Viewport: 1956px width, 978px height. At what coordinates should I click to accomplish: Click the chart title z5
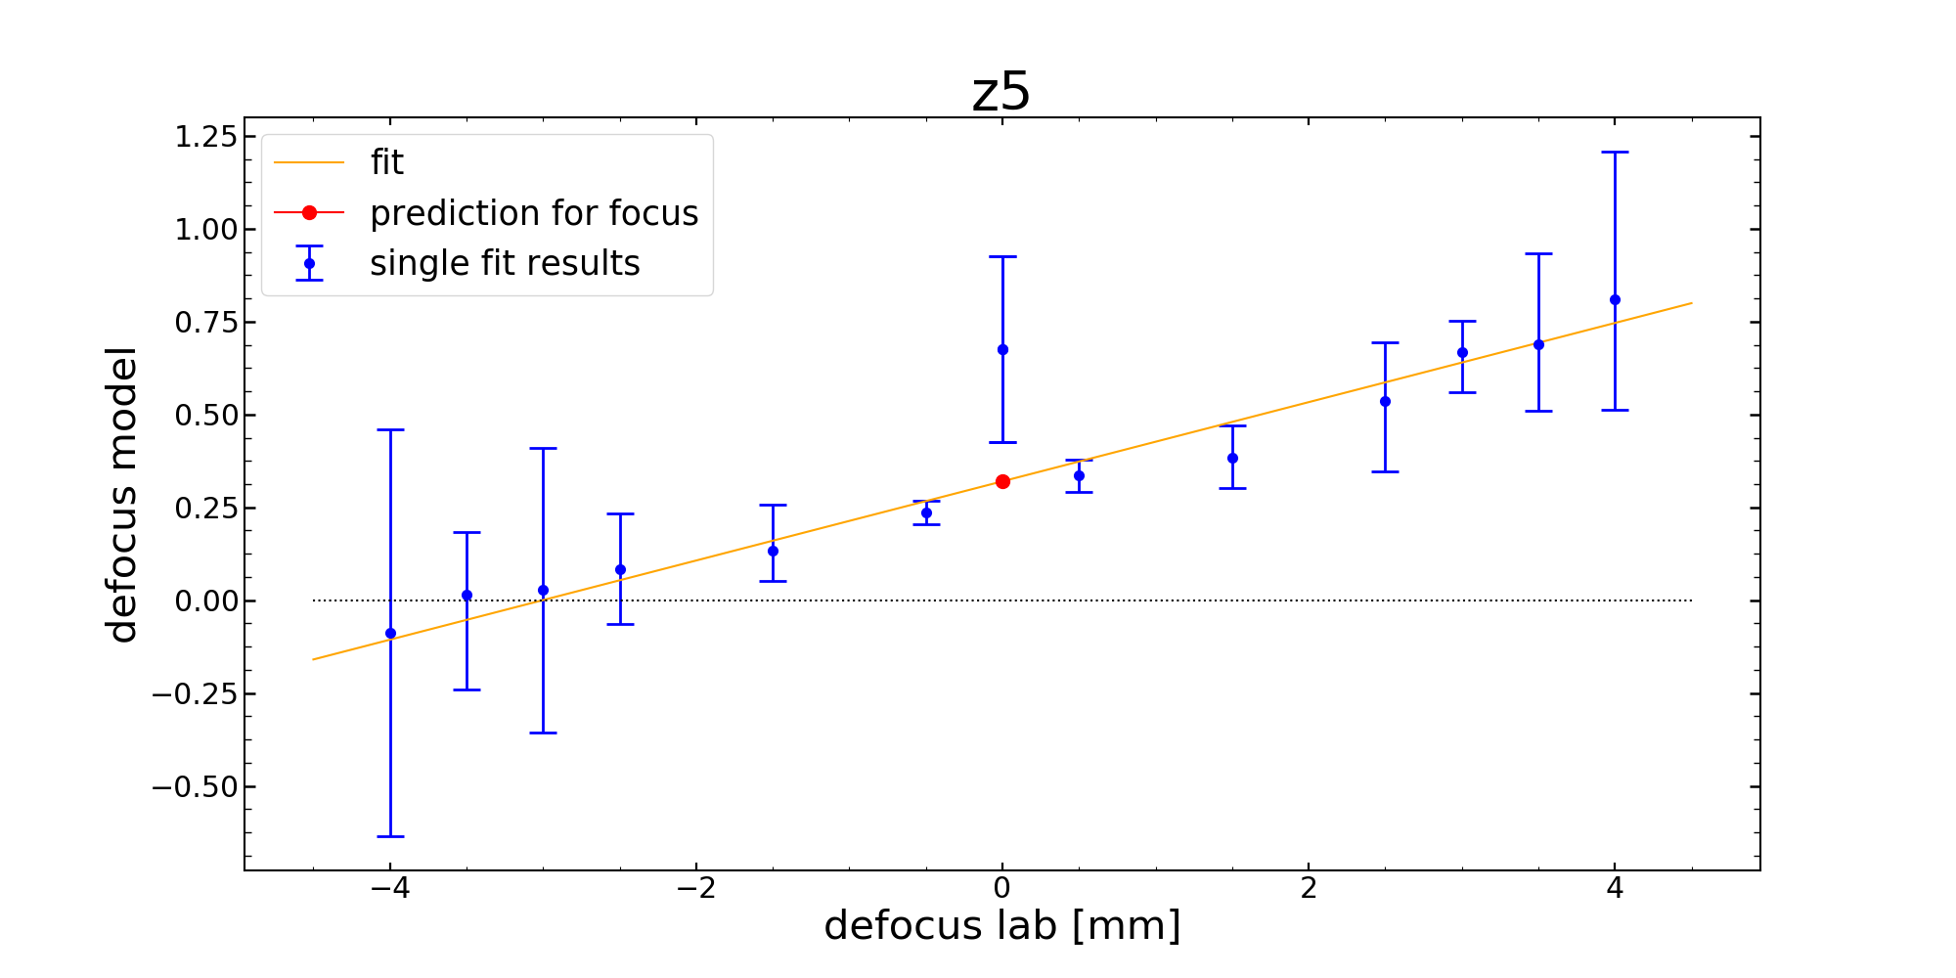click(1000, 93)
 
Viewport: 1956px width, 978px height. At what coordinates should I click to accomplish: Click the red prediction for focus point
click(1002, 481)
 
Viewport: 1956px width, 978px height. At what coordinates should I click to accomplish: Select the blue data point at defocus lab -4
click(390, 633)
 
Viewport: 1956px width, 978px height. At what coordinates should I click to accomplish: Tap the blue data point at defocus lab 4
click(1615, 299)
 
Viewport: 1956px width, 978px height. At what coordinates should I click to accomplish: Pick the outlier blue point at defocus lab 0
click(1002, 349)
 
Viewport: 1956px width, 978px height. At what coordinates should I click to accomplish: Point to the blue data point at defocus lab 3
click(1462, 352)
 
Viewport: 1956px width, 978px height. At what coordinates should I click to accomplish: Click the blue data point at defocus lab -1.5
click(773, 551)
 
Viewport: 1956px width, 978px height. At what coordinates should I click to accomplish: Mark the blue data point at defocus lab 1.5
click(1232, 458)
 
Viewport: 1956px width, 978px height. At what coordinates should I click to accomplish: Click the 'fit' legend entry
click(386, 162)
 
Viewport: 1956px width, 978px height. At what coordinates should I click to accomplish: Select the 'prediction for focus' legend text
click(534, 213)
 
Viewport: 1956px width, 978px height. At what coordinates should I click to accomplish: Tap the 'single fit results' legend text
click(505, 263)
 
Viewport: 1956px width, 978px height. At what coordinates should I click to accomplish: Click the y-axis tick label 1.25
click(205, 137)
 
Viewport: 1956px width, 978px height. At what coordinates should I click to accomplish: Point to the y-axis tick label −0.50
click(195, 786)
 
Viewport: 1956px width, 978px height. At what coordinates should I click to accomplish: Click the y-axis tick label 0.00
click(205, 600)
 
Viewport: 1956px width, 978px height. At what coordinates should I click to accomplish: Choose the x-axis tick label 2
click(1309, 888)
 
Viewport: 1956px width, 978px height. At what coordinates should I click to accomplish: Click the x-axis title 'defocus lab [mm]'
click(1001, 925)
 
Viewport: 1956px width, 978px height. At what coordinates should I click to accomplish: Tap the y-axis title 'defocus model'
click(123, 494)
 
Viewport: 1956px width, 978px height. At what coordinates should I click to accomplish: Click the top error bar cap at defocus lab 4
click(1615, 153)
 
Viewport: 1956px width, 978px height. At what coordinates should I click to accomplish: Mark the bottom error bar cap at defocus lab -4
click(390, 836)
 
